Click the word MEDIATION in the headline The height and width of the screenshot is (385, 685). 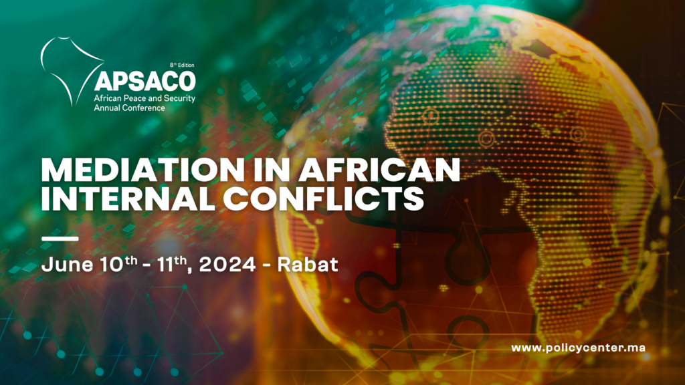[142, 169]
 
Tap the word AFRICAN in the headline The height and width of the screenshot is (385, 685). [379, 169]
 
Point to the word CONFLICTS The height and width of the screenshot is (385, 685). [324, 199]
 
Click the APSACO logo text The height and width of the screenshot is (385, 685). [145, 80]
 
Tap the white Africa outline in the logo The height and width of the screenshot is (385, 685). [70, 70]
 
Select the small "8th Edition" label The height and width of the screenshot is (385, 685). [182, 65]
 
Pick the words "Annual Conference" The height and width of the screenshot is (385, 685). [129, 108]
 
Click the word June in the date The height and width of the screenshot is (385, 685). [68, 265]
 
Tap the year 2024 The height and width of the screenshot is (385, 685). [227, 265]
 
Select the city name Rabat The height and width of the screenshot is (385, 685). [308, 265]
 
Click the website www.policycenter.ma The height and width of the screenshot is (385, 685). [578, 348]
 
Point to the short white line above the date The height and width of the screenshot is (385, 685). [60, 239]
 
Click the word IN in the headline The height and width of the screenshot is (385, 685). [271, 169]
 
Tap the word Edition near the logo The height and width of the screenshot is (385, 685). [186, 65]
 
